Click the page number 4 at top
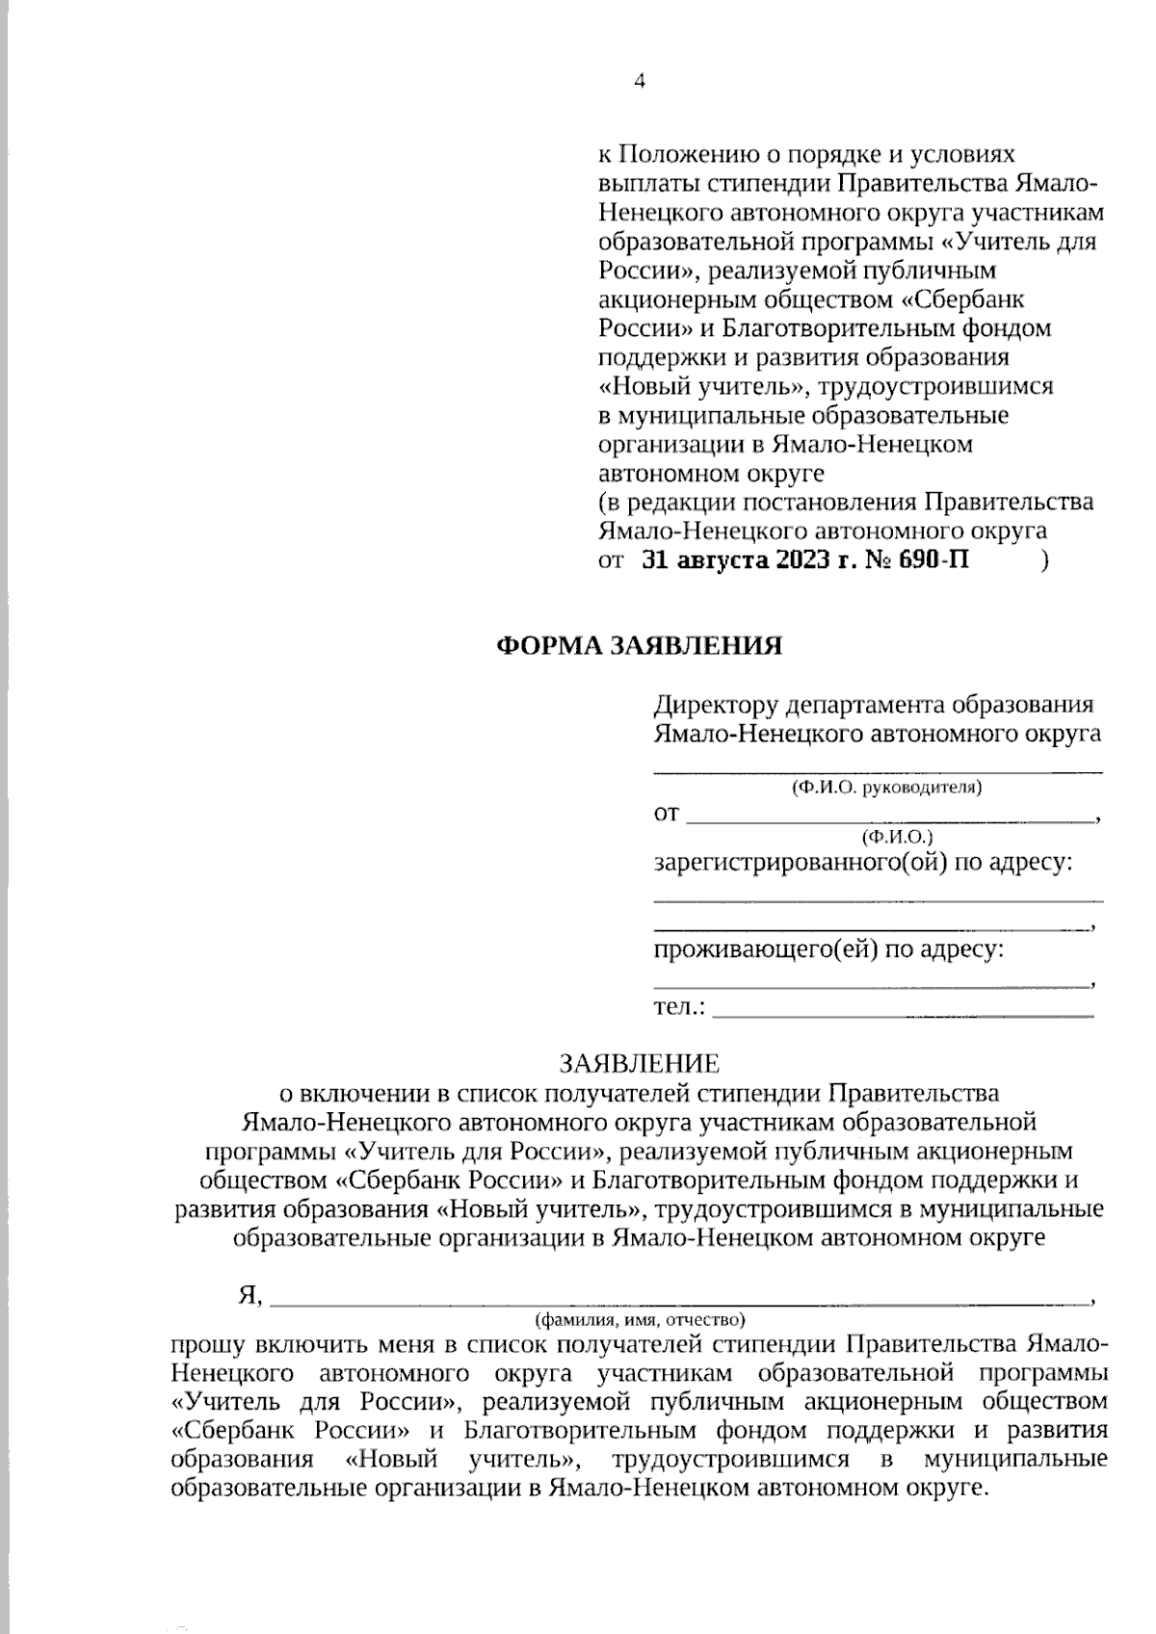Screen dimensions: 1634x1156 click(640, 81)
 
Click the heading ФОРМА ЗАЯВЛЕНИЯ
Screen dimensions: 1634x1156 click(639, 645)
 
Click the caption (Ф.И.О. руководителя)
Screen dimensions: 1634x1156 click(886, 788)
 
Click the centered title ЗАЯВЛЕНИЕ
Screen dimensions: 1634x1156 click(640, 1063)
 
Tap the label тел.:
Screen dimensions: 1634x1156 click(679, 1007)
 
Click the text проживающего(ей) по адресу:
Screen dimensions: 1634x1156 click(829, 949)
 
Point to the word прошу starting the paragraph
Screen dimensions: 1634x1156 click(208, 1343)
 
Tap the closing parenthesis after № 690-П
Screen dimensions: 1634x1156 click(1045, 561)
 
